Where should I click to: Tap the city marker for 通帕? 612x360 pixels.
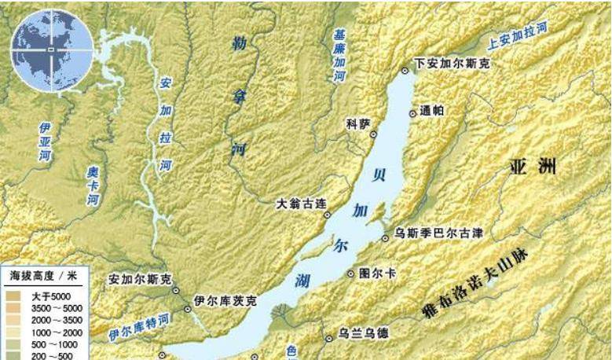[412, 112]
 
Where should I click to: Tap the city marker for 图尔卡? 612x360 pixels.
[351, 274]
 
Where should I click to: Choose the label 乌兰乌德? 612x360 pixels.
[362, 333]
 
